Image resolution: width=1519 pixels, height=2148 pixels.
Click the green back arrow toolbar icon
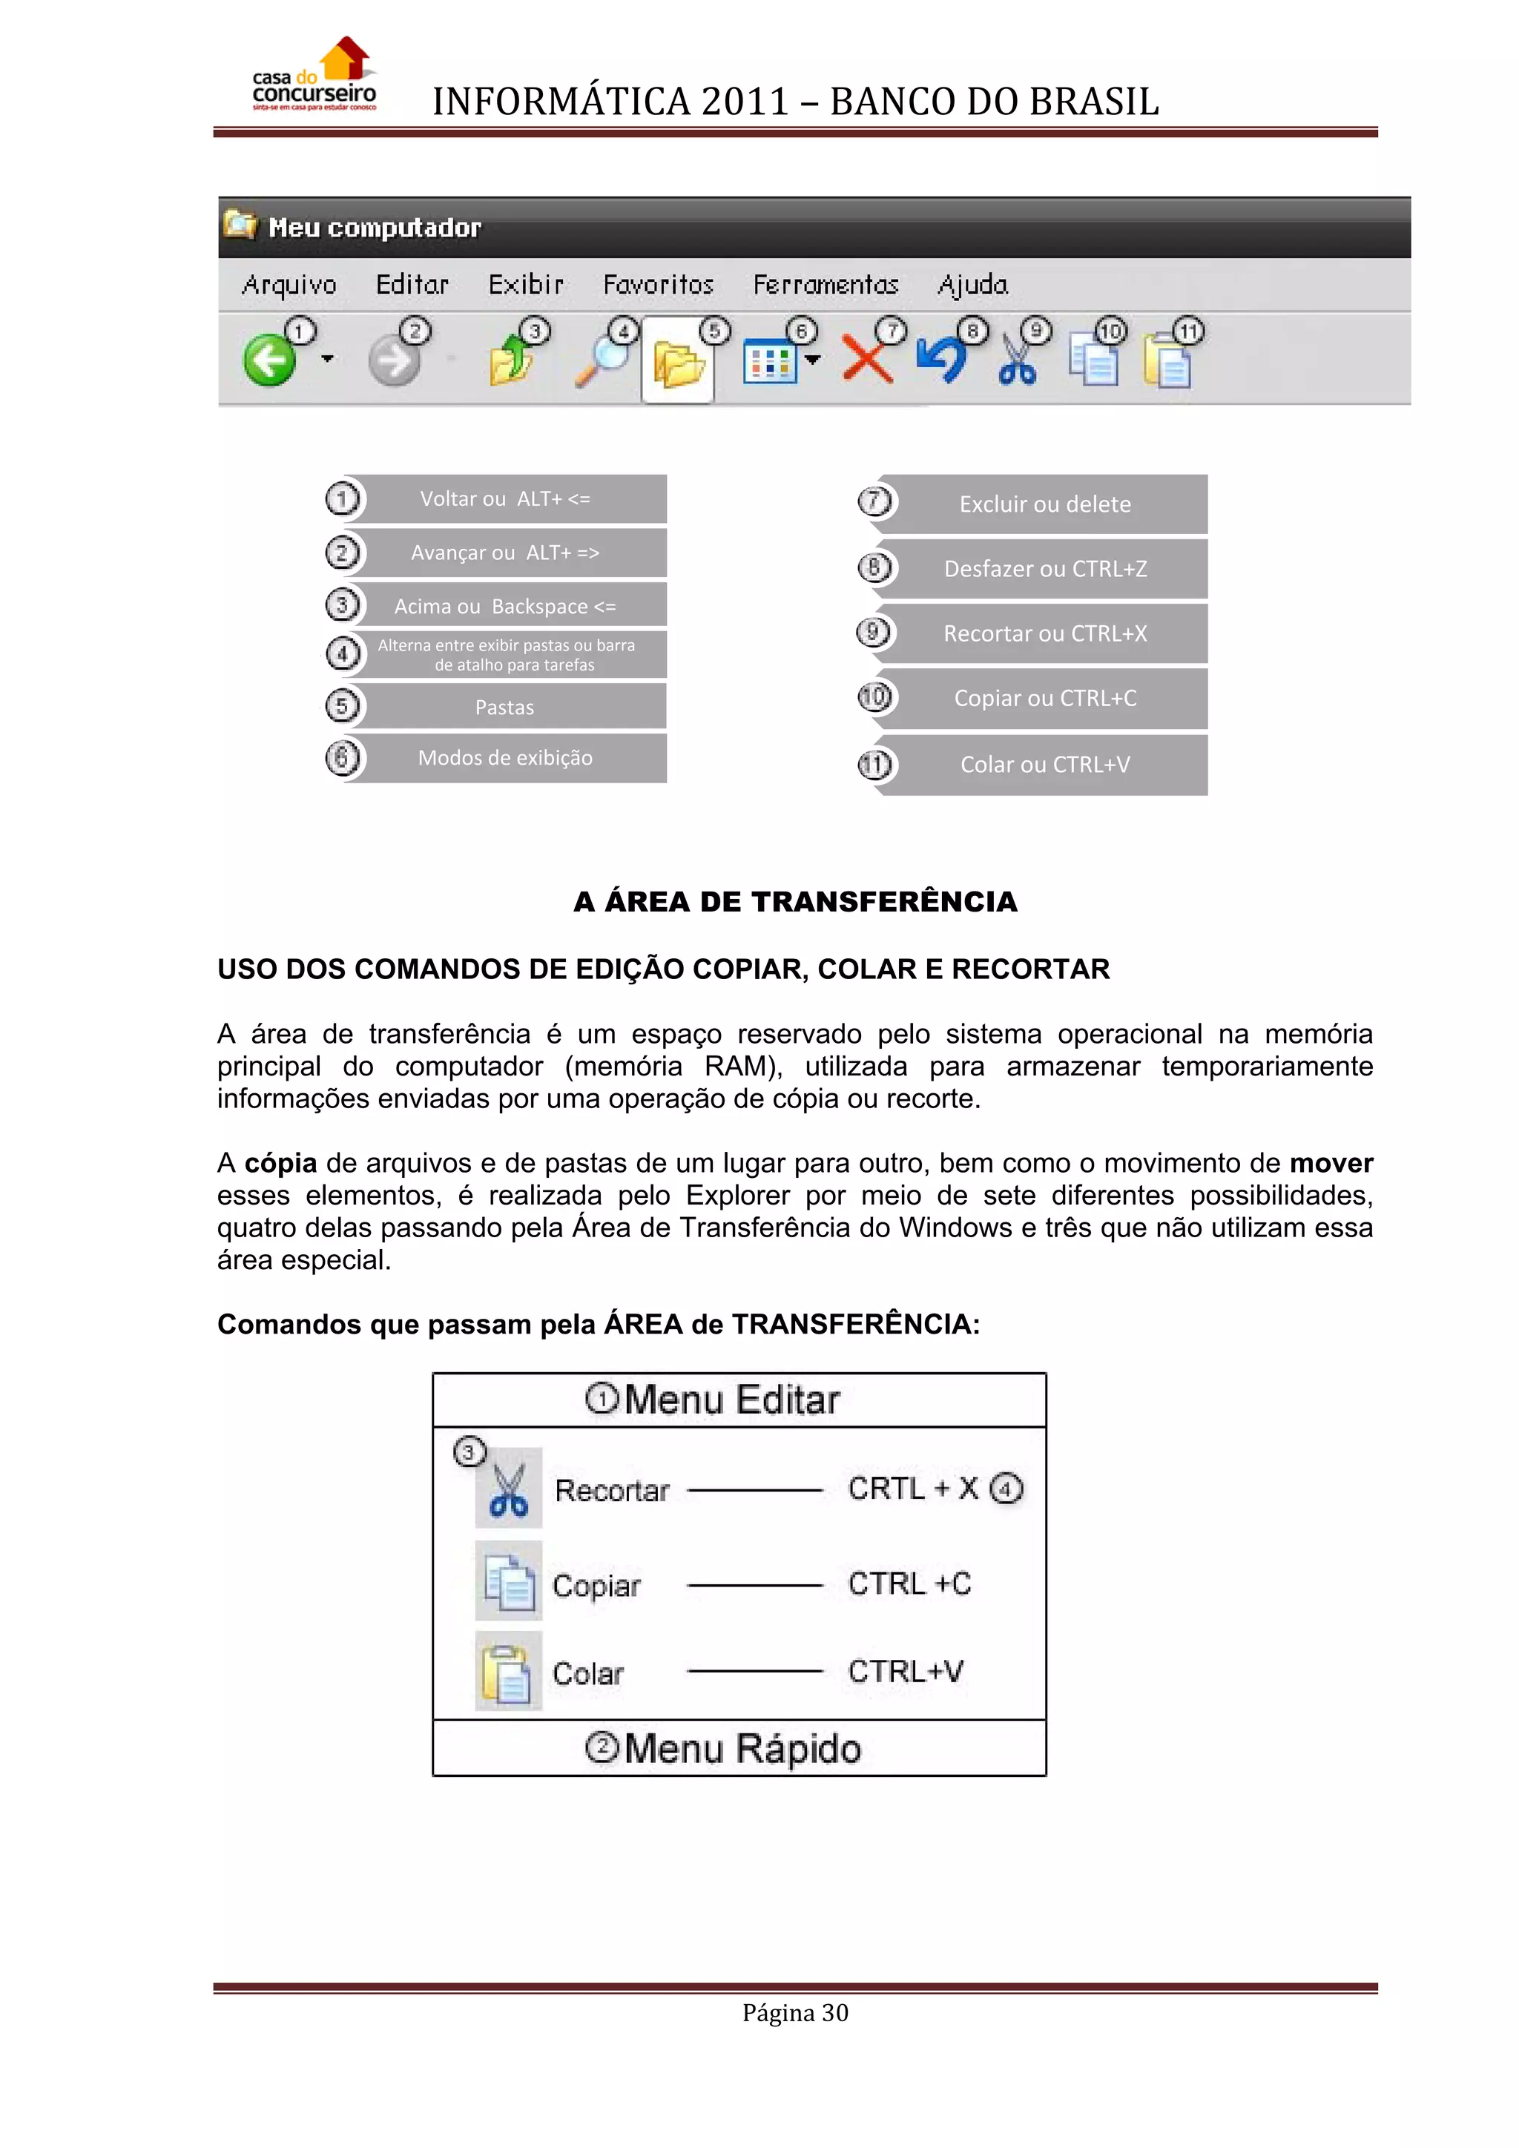(269, 361)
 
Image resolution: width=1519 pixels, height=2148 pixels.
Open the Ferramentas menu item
(825, 284)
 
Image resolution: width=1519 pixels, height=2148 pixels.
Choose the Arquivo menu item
(289, 284)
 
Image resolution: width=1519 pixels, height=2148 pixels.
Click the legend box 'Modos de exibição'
(505, 758)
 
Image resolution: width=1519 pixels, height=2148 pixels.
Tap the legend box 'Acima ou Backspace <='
(505, 606)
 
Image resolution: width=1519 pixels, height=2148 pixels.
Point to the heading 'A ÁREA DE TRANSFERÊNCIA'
(795, 902)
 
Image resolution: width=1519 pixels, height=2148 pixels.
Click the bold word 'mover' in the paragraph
(1330, 1163)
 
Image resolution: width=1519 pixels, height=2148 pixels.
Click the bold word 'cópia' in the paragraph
(280, 1163)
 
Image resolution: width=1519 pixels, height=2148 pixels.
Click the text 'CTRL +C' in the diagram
(909, 1584)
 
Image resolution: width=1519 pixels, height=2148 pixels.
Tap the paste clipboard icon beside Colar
(508, 1673)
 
